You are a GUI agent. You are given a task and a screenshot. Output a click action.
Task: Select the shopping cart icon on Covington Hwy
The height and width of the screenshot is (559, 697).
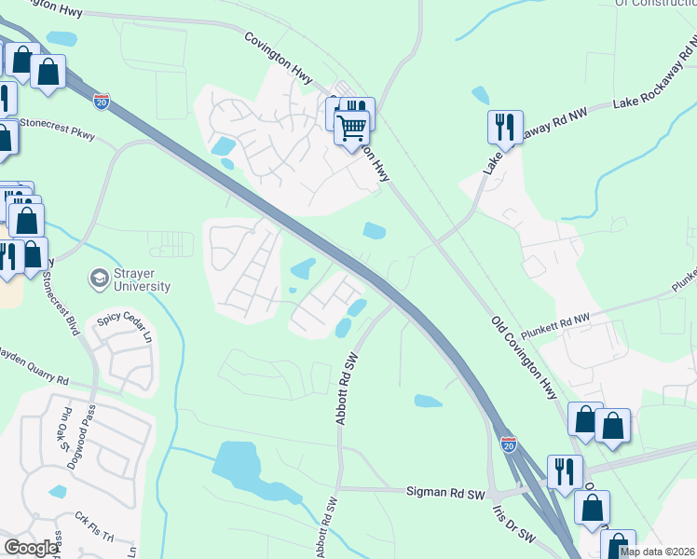(352, 127)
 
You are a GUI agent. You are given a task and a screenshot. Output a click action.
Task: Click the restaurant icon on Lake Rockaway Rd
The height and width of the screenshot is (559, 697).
(505, 126)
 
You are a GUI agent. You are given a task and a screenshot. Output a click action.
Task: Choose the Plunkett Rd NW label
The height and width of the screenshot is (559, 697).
(582, 320)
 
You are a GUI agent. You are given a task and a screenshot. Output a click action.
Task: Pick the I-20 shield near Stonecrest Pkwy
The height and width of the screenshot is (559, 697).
(102, 101)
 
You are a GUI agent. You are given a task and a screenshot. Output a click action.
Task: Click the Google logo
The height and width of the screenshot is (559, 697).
(31, 548)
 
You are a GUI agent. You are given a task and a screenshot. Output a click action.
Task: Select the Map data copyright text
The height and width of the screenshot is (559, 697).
(656, 552)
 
